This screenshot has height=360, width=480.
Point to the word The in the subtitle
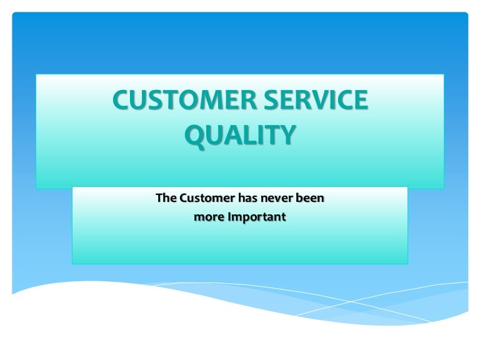tap(166, 199)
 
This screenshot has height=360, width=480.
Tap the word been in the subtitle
tap(313, 199)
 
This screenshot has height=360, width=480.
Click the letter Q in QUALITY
tap(194, 135)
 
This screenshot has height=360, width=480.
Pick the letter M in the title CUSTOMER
tap(211, 101)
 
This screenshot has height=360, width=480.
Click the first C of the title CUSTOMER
tap(121, 101)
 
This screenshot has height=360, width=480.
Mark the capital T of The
tap(159, 199)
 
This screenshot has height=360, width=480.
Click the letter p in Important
tap(244, 219)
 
